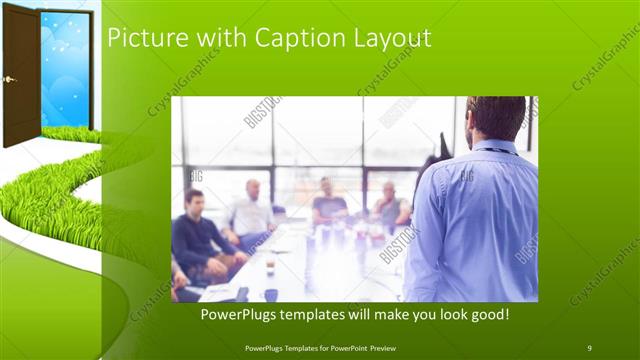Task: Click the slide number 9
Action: (589, 347)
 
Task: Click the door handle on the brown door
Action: (9, 79)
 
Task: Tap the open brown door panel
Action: (20, 75)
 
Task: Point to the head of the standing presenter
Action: (495, 118)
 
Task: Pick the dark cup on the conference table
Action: (271, 294)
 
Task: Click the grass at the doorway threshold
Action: (66, 133)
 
